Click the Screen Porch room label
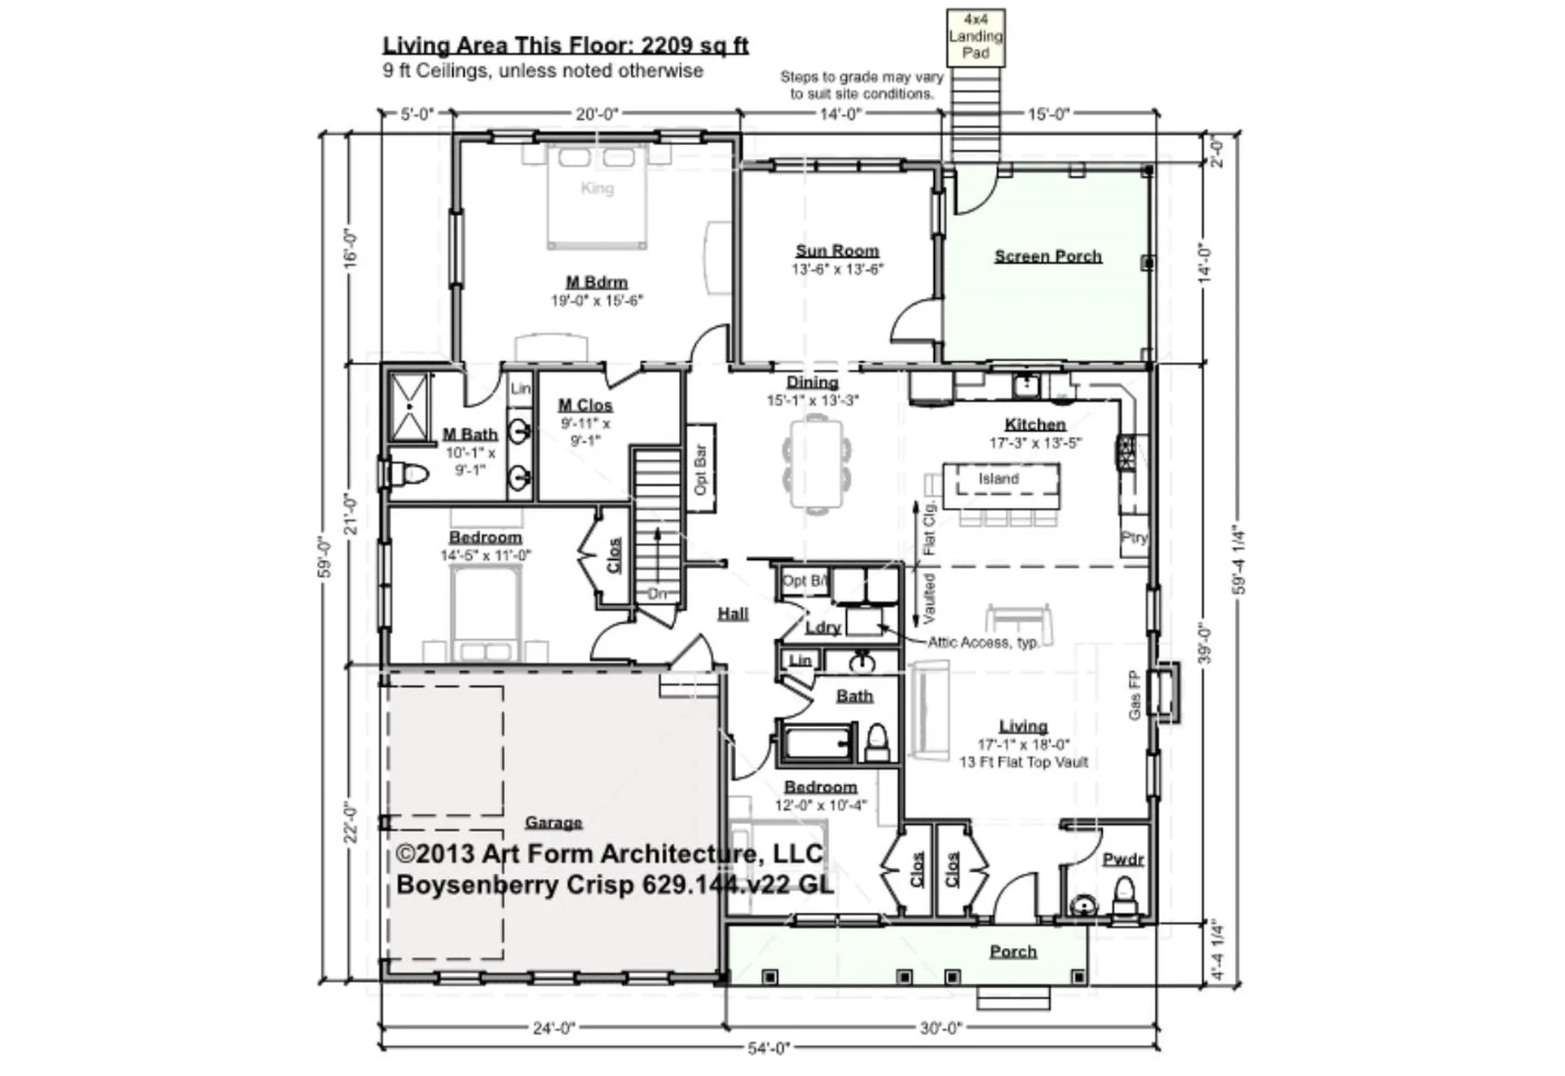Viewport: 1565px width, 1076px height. click(1047, 256)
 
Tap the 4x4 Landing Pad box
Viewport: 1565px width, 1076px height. click(975, 37)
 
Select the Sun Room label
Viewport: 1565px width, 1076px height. click(837, 251)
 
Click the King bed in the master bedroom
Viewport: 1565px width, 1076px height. click(597, 196)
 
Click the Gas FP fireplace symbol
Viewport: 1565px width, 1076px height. click(1164, 691)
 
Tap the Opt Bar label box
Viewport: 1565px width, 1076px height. click(700, 469)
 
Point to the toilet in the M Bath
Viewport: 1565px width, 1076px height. click(411, 473)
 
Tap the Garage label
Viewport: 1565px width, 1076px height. click(553, 822)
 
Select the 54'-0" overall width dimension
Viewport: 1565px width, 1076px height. click(769, 1048)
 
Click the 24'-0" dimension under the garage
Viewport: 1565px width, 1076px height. click(553, 1028)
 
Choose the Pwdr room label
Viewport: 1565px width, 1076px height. click(1122, 859)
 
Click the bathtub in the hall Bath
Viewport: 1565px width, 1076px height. click(818, 743)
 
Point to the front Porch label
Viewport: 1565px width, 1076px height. click(1012, 951)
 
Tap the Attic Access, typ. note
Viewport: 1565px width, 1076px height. click(983, 642)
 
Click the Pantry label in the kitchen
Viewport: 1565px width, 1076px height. click(1134, 537)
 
